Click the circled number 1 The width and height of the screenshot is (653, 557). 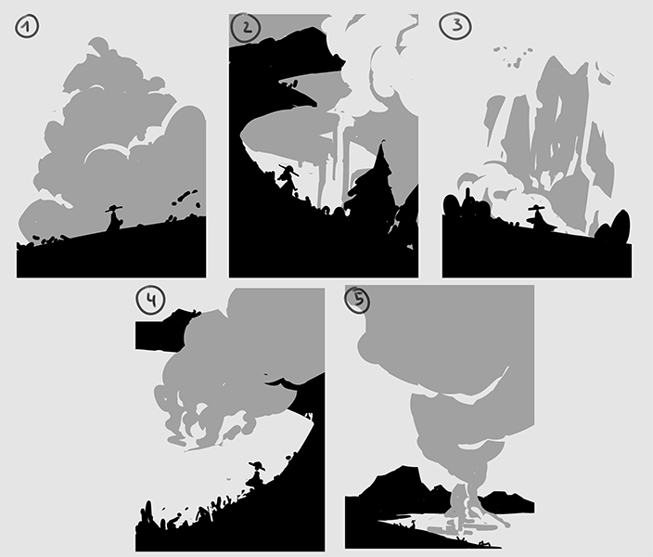pos(27,27)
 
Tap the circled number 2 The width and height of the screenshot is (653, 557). pos(246,29)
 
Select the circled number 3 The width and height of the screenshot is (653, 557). pos(456,26)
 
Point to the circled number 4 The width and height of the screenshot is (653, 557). pos(151,300)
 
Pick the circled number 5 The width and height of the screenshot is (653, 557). pos(357,300)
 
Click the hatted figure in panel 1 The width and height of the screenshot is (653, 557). pos(114,217)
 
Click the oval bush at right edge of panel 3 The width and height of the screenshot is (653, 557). pos(620,227)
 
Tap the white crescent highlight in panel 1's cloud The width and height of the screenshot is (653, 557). pos(106,152)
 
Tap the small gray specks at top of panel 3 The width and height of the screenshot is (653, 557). pos(514,57)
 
